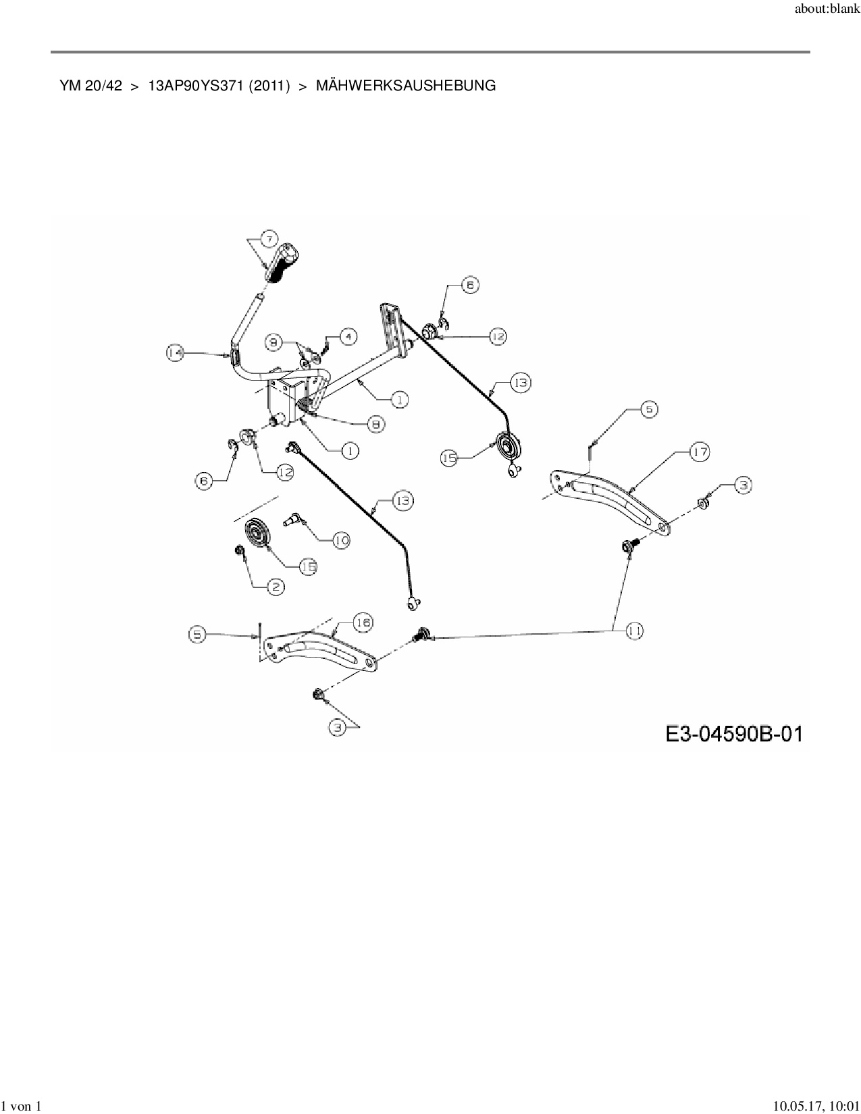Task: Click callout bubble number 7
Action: (x=268, y=239)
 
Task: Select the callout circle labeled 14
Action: (x=175, y=352)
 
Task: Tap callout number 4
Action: (x=348, y=336)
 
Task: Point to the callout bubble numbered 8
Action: (x=375, y=424)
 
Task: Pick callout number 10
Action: (x=342, y=540)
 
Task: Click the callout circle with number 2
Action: (x=276, y=587)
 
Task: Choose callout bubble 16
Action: (x=363, y=622)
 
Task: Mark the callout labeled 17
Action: (x=700, y=452)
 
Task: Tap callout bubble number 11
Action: (x=634, y=631)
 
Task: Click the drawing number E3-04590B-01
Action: (x=734, y=733)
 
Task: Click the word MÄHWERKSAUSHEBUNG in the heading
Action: (x=405, y=86)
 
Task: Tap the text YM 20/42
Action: (x=90, y=86)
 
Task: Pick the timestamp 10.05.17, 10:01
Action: (x=816, y=1106)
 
